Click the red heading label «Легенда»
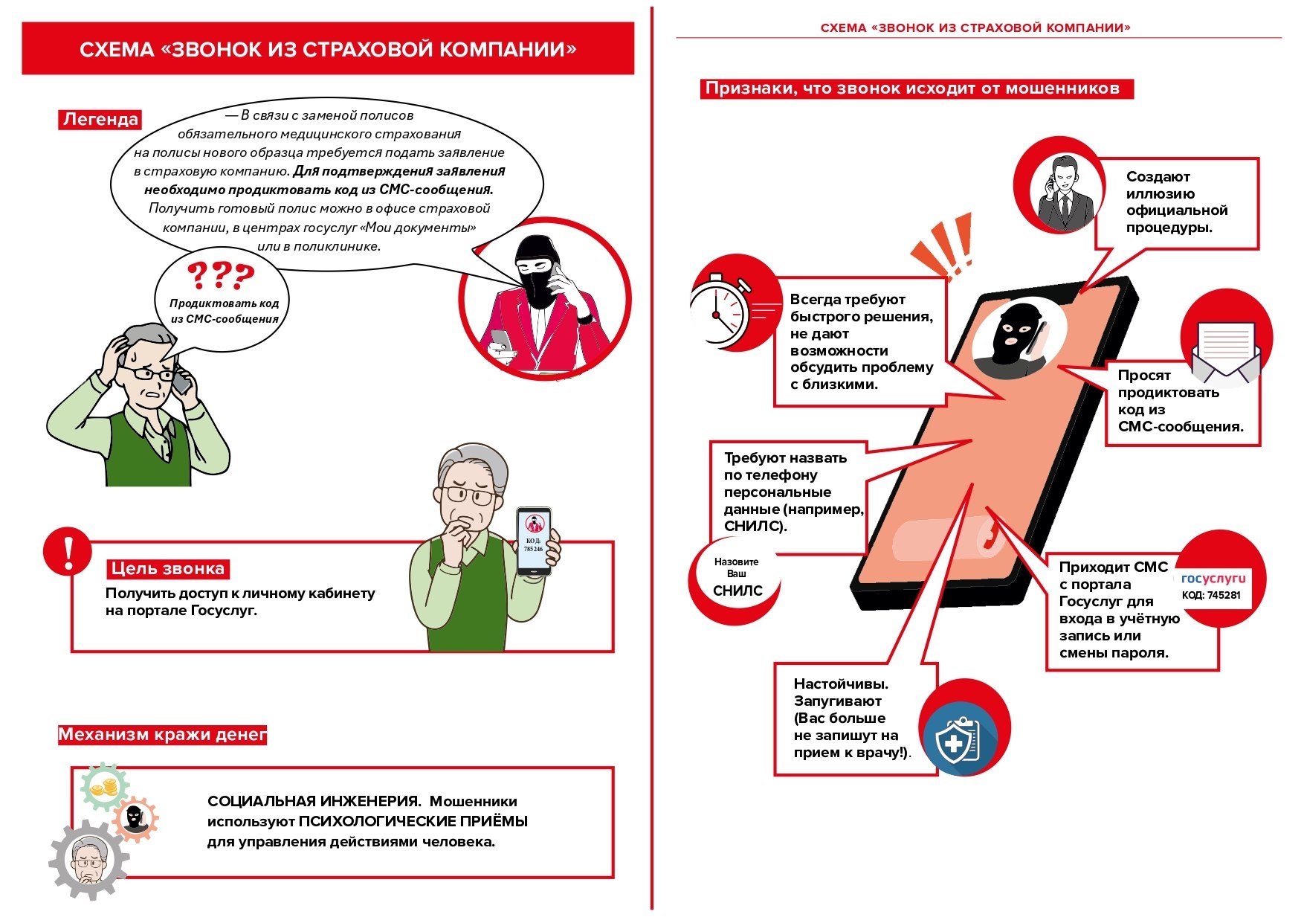click(x=100, y=120)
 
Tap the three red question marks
click(x=220, y=276)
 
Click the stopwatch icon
click(x=719, y=312)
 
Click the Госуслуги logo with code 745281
click(x=1213, y=586)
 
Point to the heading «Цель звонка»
click(x=167, y=569)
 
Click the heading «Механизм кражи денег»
click(x=162, y=735)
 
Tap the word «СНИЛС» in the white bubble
click(x=737, y=591)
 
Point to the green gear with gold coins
click(x=103, y=787)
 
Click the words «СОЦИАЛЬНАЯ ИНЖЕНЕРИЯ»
click(x=314, y=802)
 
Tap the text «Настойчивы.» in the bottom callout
click(x=841, y=684)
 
